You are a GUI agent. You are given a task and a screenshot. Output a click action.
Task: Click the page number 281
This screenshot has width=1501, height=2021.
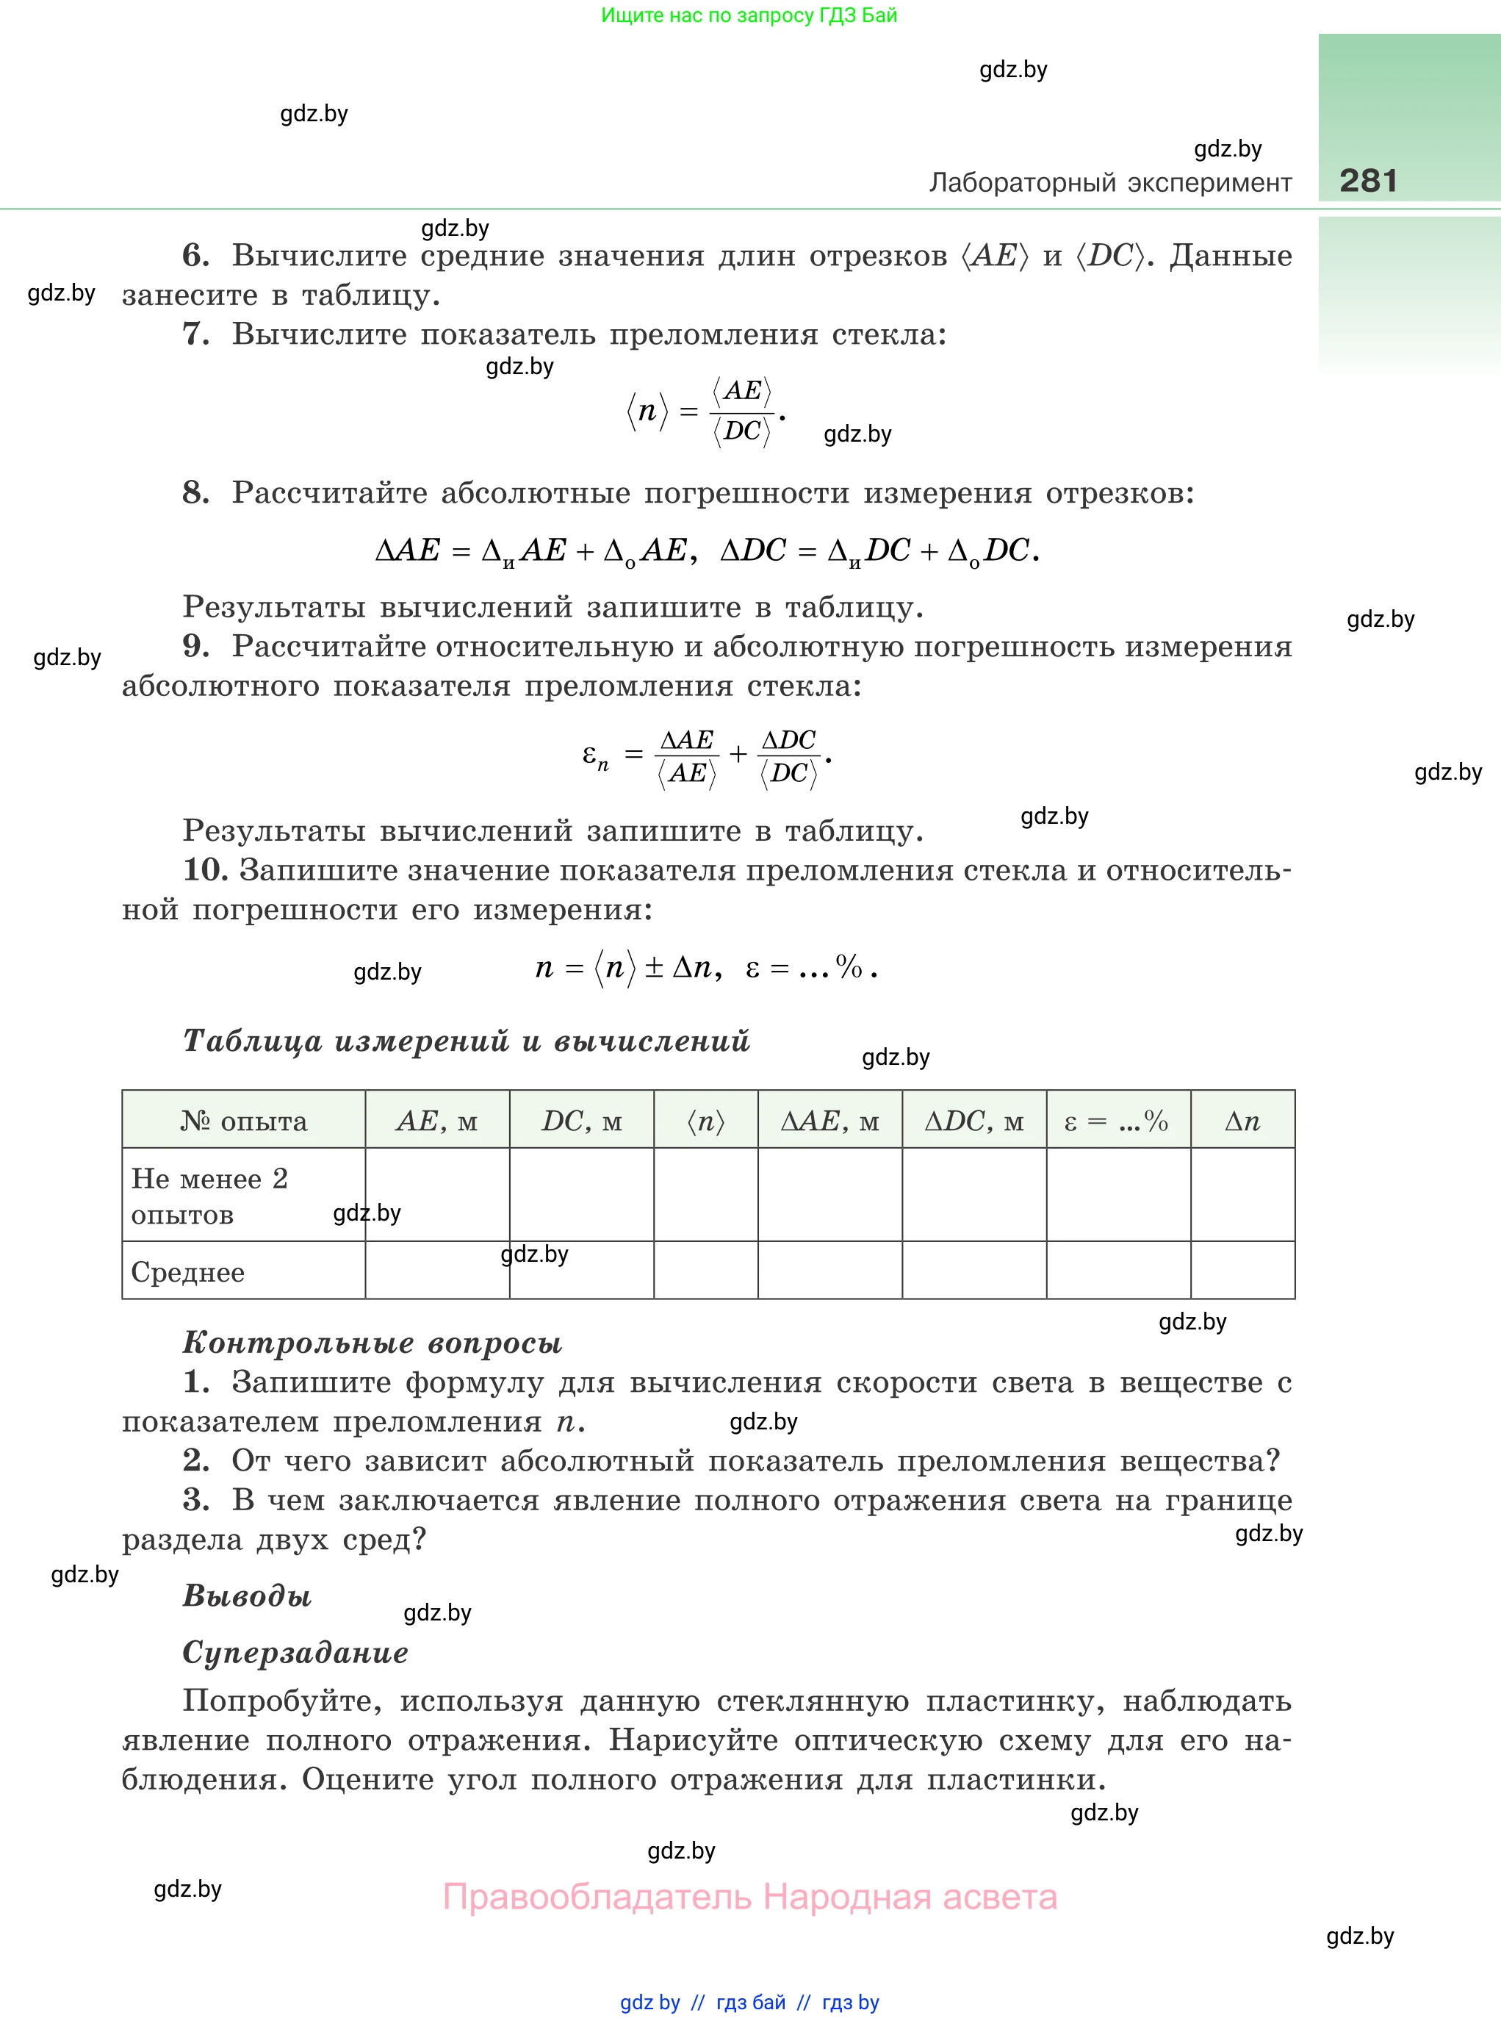(1367, 181)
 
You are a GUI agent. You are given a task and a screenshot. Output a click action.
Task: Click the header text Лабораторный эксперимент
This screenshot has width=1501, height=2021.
(1109, 183)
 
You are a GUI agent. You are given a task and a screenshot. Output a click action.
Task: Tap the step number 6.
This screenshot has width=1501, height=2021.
(195, 255)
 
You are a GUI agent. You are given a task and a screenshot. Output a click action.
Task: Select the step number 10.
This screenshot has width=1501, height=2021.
(205, 869)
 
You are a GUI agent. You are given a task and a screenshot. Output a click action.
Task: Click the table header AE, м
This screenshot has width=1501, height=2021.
(436, 1121)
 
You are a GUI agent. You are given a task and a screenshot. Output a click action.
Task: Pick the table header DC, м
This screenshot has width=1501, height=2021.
(581, 1121)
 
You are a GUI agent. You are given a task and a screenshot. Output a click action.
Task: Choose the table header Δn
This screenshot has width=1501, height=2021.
(1242, 1121)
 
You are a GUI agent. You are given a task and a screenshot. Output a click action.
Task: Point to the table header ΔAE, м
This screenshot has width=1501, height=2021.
(829, 1121)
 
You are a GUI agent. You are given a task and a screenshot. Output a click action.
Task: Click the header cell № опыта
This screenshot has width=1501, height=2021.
(243, 1121)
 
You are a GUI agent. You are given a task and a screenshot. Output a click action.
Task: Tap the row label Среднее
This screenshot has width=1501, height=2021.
(188, 1271)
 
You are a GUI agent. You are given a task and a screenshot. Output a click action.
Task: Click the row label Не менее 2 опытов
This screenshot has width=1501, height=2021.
(209, 1195)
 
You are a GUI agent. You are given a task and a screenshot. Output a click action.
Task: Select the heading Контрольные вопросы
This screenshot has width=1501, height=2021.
(372, 1342)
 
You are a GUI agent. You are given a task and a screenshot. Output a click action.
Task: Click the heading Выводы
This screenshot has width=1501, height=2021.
(247, 1595)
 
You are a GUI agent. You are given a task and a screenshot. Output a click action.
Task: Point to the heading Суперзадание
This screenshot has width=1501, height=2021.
(295, 1651)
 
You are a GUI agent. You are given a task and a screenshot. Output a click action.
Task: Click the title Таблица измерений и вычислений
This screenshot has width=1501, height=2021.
(466, 1041)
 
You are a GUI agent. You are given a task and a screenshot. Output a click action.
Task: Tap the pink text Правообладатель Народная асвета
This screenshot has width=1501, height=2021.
(749, 1897)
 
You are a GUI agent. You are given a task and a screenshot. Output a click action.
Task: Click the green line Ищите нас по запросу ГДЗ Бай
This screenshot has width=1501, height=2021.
(749, 15)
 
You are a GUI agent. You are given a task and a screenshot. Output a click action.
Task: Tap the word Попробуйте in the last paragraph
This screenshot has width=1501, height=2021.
(281, 1701)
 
